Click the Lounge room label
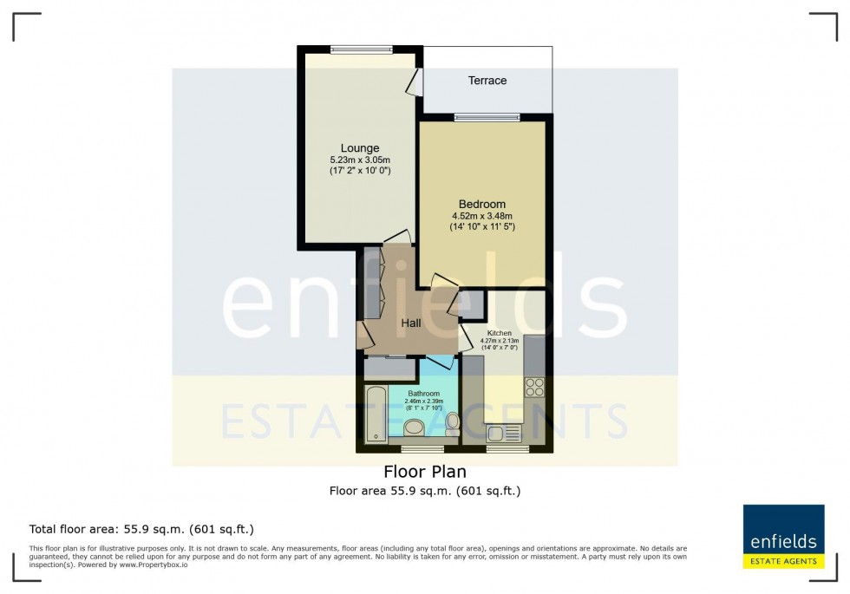(359, 148)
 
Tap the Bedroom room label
(482, 205)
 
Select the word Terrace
(487, 81)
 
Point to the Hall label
(411, 323)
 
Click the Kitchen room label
(499, 333)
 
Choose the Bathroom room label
(424, 394)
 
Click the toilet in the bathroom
(452, 424)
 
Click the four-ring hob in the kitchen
(533, 387)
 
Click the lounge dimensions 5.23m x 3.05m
(359, 160)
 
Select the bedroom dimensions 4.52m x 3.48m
(482, 217)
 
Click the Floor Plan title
(425, 472)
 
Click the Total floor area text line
(141, 529)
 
